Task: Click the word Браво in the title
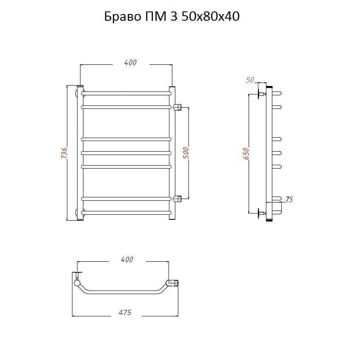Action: [x=122, y=17]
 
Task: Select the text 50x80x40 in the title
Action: [x=210, y=17]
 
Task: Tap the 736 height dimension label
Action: [x=64, y=153]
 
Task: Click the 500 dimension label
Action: [x=186, y=153]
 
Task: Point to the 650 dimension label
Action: [x=246, y=154]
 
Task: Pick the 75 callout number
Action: [x=289, y=199]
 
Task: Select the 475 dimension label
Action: [x=125, y=313]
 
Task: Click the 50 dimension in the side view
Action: [x=250, y=80]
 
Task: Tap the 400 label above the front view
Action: [x=130, y=62]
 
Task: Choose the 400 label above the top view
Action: [x=127, y=260]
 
